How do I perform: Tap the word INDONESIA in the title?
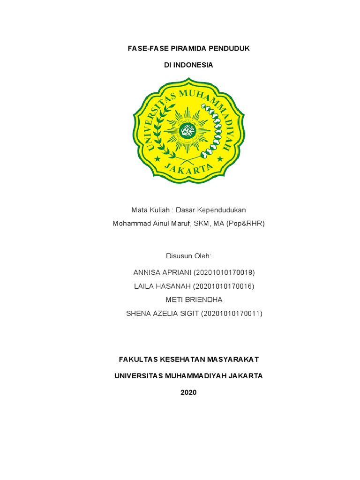(x=194, y=65)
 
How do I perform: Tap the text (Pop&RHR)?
(x=246, y=224)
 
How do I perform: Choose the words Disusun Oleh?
(x=188, y=256)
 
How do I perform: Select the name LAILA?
(x=144, y=286)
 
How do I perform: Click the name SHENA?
(x=137, y=314)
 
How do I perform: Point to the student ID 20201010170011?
(x=232, y=314)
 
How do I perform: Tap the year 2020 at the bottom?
(x=188, y=392)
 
